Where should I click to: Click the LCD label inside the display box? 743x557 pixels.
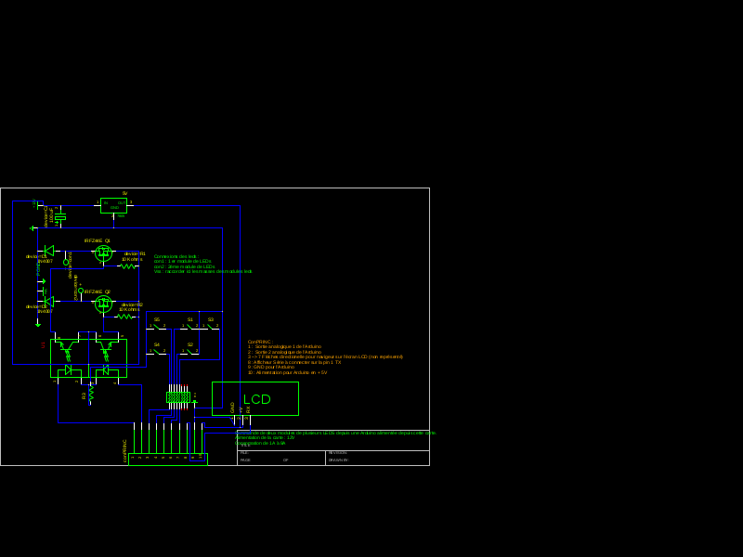click(x=257, y=399)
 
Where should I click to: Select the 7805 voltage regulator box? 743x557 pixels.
click(x=113, y=205)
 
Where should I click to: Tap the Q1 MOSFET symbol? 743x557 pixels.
click(x=103, y=253)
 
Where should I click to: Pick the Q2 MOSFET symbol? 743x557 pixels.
click(x=103, y=304)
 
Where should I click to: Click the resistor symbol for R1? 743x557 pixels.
click(x=128, y=266)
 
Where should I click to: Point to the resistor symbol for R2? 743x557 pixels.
click(x=124, y=317)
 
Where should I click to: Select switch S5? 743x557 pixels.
click(x=157, y=326)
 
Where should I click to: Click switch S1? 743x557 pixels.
click(x=190, y=326)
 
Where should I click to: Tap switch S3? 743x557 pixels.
click(x=211, y=326)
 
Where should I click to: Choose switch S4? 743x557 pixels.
click(x=157, y=351)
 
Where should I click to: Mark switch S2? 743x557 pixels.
click(x=190, y=351)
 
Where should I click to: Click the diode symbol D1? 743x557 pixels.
click(x=48, y=251)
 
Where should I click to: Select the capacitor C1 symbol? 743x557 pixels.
click(x=60, y=217)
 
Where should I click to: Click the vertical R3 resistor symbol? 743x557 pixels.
click(x=91, y=395)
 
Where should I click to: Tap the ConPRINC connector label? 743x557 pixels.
click(x=125, y=450)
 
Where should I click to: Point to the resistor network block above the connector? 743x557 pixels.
click(x=178, y=396)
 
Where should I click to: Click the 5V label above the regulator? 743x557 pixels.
click(x=124, y=193)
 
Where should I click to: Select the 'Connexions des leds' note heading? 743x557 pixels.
click(x=176, y=256)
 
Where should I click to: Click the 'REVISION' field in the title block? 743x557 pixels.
click(x=338, y=453)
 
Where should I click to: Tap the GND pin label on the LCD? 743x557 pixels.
click(x=233, y=407)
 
